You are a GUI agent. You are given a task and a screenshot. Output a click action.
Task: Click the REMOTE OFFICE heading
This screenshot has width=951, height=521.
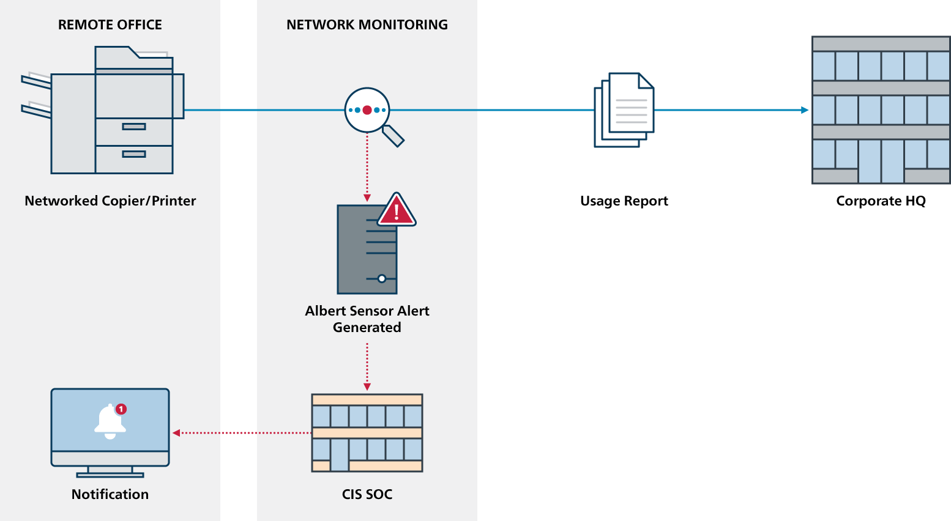(x=110, y=25)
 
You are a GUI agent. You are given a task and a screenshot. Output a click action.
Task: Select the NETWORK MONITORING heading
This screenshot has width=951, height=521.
(x=367, y=25)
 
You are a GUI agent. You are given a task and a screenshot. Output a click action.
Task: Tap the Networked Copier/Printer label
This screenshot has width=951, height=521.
(x=110, y=201)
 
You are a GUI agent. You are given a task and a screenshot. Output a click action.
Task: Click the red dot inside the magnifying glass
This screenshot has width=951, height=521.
(x=367, y=110)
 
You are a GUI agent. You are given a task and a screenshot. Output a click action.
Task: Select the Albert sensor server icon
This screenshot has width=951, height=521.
(x=367, y=251)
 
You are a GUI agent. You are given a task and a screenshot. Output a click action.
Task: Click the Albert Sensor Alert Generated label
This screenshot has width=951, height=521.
(x=367, y=319)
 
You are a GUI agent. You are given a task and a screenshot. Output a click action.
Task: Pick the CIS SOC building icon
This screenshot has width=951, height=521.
(x=367, y=433)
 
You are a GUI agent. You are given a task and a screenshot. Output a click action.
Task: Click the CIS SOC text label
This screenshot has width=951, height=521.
(x=367, y=495)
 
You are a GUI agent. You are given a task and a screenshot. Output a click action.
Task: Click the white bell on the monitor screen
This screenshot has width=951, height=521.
(x=110, y=422)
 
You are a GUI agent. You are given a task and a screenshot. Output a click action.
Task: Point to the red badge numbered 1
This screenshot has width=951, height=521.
(x=121, y=409)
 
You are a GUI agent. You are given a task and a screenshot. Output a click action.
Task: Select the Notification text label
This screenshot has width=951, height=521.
(x=110, y=495)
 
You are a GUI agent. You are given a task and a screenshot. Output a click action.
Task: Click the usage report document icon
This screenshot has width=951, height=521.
(x=624, y=110)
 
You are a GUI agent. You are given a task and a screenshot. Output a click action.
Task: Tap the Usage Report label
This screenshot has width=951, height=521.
(x=624, y=201)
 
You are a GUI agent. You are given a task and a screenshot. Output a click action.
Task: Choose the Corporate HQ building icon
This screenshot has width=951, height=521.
(x=881, y=110)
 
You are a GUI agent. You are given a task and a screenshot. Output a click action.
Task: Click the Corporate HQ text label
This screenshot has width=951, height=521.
(x=881, y=201)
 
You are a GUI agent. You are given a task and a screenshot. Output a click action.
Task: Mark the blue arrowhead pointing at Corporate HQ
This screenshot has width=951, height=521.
(x=804, y=110)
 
